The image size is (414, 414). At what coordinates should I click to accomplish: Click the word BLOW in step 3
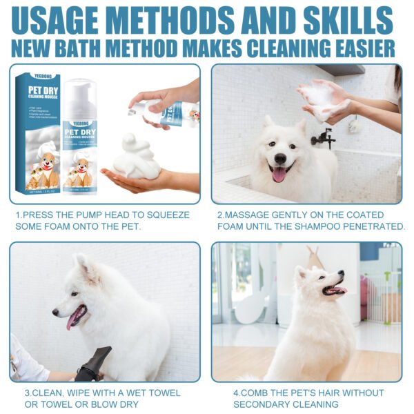point(134,404)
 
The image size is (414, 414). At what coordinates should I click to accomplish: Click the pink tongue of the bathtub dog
point(279,174)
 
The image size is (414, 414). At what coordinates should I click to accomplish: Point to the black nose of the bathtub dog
point(280,157)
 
